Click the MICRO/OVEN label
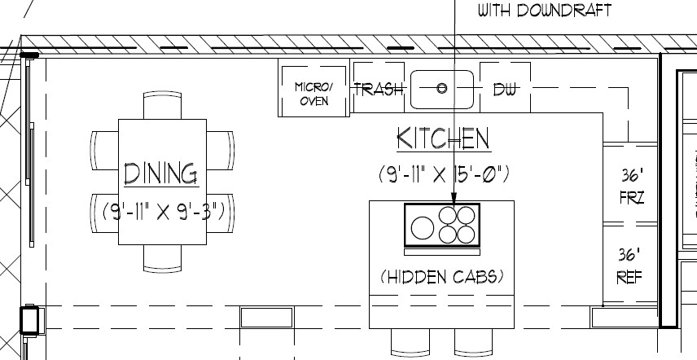[313, 94]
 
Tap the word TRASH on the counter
[379, 90]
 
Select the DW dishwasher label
[506, 90]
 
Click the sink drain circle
[441, 88]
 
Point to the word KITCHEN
[444, 138]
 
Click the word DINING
[160, 173]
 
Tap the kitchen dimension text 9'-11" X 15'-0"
[444, 173]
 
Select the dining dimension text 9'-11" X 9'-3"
[164, 212]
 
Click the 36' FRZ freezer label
[632, 187]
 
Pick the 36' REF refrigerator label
[629, 266]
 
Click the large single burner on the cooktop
[423, 228]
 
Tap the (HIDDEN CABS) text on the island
[442, 277]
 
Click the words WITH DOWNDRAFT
[545, 11]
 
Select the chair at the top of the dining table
[162, 105]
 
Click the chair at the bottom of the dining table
[162, 258]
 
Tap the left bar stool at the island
[410, 342]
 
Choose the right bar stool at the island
[473, 342]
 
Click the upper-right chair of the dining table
[221, 150]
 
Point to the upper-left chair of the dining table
[104, 150]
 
